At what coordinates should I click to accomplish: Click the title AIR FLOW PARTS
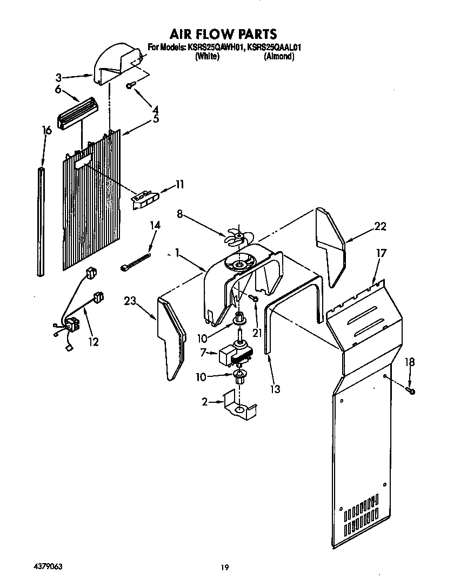click(x=223, y=35)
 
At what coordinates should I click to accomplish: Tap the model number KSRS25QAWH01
click(x=215, y=48)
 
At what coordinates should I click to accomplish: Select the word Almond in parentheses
click(x=279, y=56)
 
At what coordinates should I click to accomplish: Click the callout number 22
click(x=380, y=227)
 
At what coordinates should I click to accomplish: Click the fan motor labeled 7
click(x=236, y=355)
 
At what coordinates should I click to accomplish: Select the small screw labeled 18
click(x=412, y=390)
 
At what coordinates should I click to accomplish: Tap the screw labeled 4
click(x=131, y=85)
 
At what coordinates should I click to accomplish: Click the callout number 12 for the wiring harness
click(x=93, y=342)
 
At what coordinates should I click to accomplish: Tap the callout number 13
click(x=275, y=388)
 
